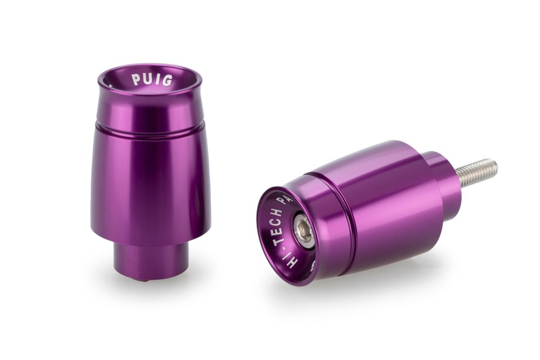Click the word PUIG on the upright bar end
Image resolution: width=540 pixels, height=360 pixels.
pos(152,80)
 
